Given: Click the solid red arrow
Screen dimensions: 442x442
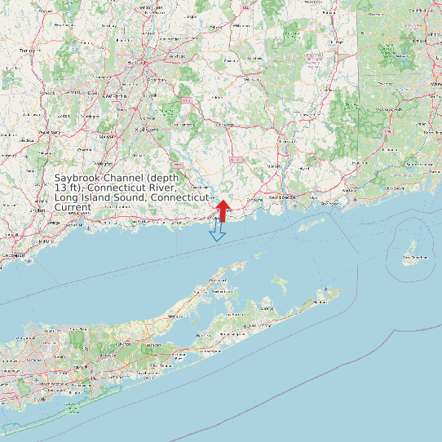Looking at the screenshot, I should [221, 210].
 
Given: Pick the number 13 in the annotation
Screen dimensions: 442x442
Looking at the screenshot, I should [60, 188].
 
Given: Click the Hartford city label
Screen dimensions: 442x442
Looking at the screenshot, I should [135, 61].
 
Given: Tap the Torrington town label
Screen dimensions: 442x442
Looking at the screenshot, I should [29, 51].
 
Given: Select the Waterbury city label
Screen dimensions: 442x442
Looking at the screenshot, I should [50, 131].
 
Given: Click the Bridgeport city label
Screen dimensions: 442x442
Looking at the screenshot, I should [12, 255].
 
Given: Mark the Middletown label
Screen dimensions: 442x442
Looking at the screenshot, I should [147, 129].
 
